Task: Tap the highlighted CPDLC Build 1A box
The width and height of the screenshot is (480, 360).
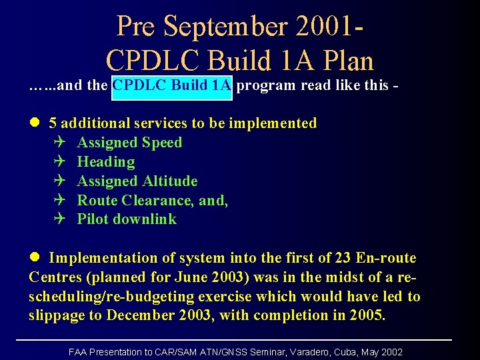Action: (172, 86)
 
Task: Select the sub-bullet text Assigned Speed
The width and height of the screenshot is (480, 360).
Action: (129, 143)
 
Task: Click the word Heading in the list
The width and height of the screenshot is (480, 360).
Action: (106, 162)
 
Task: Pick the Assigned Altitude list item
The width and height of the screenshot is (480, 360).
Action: (137, 181)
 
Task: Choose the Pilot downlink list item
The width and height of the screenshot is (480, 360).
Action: (127, 219)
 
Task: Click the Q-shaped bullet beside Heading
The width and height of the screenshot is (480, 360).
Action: (61, 162)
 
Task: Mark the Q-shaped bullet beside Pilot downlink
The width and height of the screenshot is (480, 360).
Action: (61, 219)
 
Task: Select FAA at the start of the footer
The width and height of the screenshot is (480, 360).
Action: (79, 352)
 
